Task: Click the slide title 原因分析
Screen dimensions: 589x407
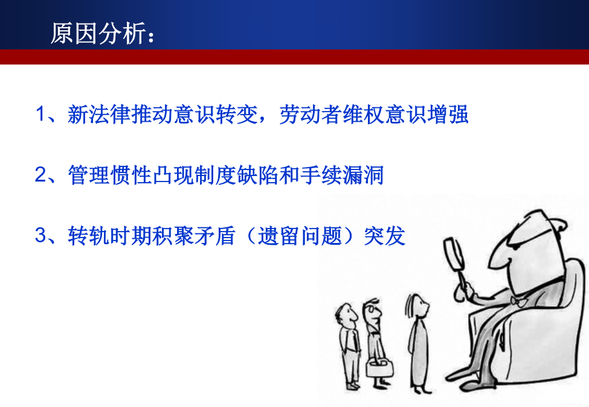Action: click(x=98, y=34)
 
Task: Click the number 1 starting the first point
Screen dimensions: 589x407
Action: click(x=40, y=114)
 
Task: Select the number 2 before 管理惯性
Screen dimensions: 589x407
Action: click(x=40, y=175)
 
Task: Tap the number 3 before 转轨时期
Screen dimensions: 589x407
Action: click(x=40, y=235)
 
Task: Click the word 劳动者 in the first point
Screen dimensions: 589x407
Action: click(x=311, y=115)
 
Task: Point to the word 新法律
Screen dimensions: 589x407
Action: click(x=99, y=115)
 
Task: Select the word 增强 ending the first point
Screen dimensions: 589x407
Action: click(x=448, y=115)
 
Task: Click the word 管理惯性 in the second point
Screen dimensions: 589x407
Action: click(x=110, y=175)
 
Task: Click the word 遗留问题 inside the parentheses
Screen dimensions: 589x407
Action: click(x=300, y=236)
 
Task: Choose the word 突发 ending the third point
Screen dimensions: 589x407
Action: click(x=385, y=236)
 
